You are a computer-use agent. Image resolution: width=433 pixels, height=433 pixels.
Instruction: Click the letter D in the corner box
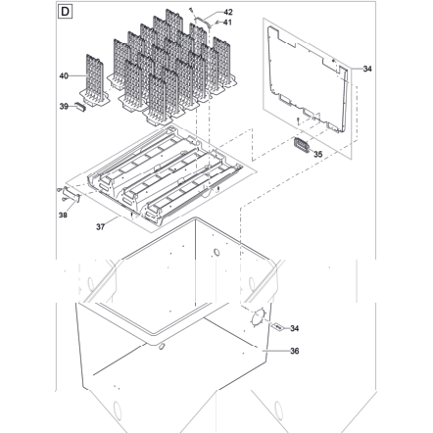[65, 12]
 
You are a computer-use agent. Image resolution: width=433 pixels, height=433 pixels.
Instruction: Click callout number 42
[228, 12]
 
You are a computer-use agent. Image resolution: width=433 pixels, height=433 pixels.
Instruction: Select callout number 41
[227, 23]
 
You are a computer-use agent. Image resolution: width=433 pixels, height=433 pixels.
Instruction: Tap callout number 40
[64, 75]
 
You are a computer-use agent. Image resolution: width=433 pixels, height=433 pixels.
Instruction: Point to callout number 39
[64, 106]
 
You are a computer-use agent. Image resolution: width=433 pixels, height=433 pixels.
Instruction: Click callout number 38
[63, 215]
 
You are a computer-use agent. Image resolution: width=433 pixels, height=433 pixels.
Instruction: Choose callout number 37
[100, 226]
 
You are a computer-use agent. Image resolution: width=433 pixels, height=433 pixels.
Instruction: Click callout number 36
[295, 351]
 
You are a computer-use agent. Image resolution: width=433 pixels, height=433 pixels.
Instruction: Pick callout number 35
[318, 154]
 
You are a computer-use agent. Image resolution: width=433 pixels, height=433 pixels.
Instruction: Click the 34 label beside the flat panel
[367, 69]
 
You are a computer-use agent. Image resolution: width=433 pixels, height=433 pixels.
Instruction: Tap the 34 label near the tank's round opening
[295, 328]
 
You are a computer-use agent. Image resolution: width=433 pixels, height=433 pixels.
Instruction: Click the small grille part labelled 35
[302, 145]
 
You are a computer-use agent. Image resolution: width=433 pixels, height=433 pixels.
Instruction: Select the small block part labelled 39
[80, 107]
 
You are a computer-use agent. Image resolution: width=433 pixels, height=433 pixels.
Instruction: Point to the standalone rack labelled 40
[95, 81]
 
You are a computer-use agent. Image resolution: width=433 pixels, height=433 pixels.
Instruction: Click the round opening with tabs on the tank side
[259, 316]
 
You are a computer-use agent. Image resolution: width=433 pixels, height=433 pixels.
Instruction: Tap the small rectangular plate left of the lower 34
[278, 326]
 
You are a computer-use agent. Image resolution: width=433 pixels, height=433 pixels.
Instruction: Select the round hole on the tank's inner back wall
[216, 253]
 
